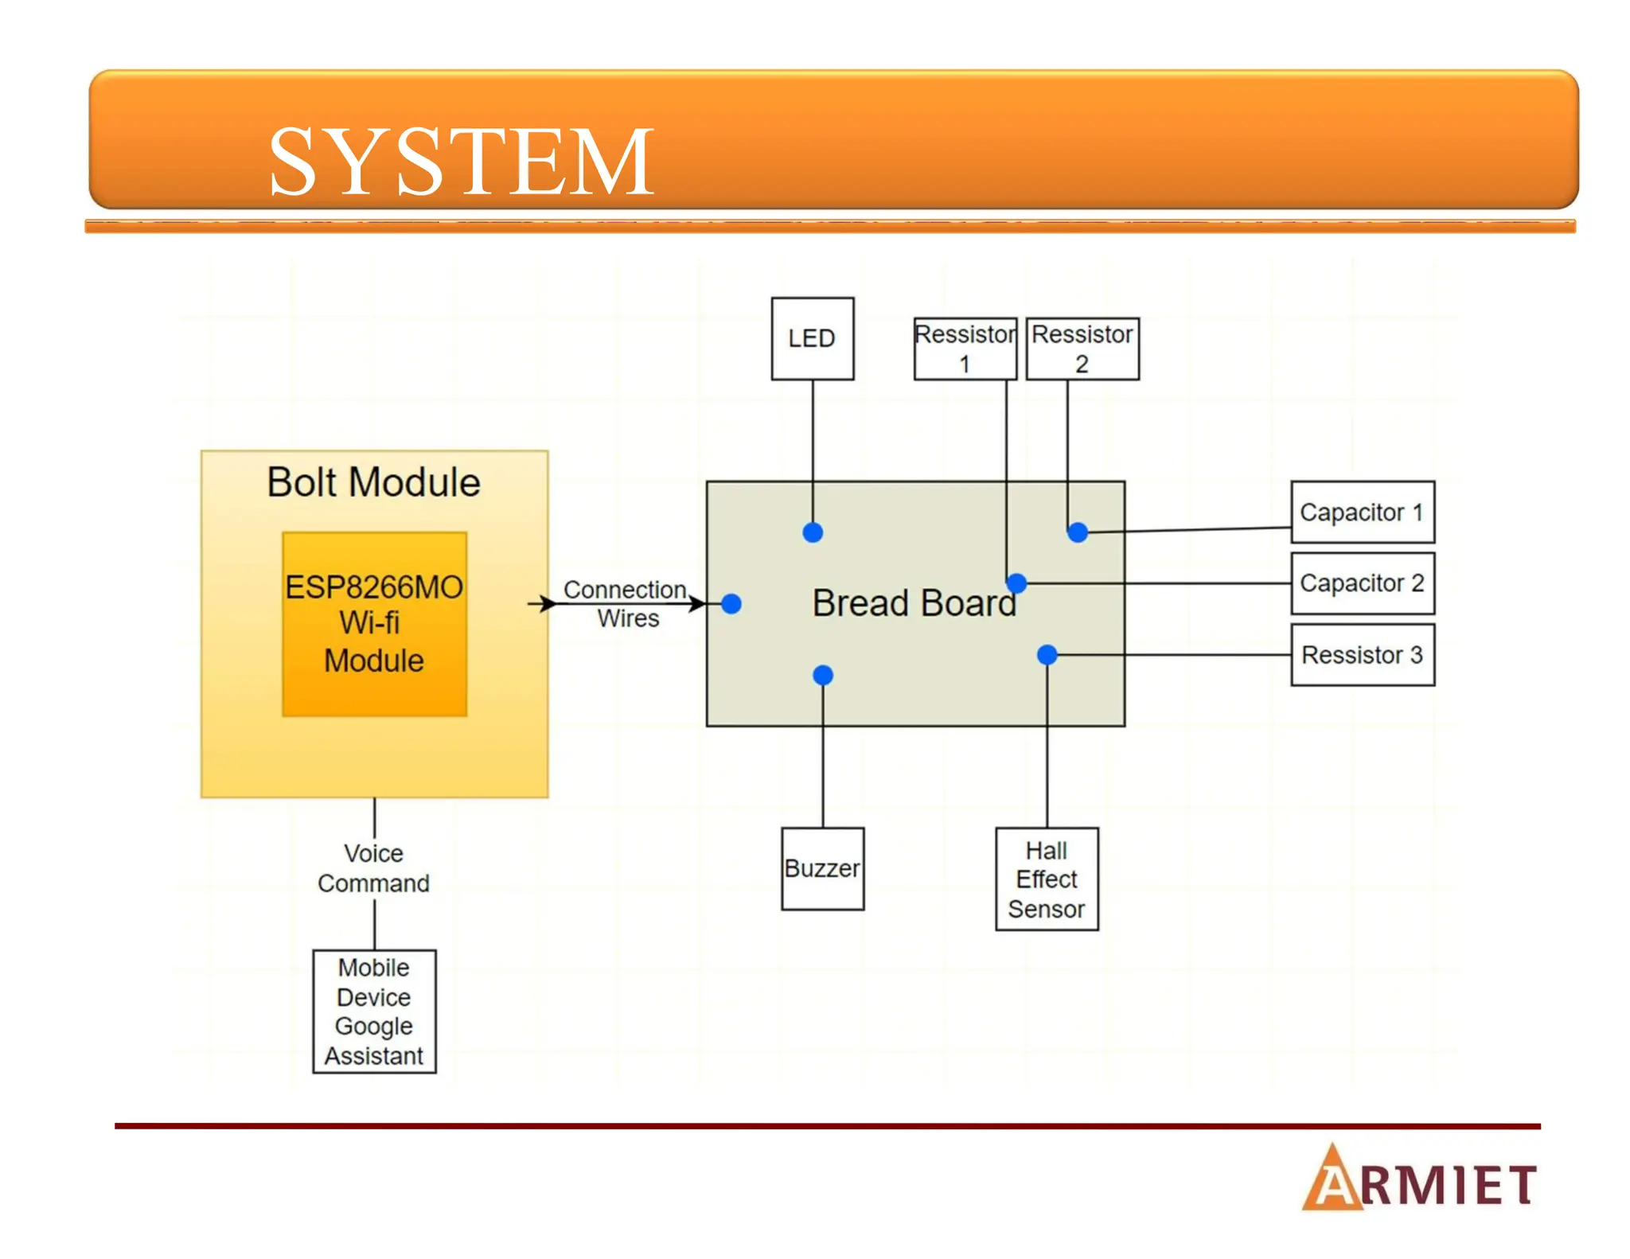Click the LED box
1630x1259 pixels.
(x=812, y=338)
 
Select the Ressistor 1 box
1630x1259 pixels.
(x=965, y=349)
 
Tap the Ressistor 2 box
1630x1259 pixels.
(x=1082, y=349)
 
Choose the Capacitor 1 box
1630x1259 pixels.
(x=1362, y=512)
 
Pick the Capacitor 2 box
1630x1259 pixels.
(x=1362, y=583)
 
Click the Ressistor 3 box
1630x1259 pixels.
(x=1362, y=654)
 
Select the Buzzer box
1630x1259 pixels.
(x=822, y=868)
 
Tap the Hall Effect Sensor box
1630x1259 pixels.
(x=1046, y=879)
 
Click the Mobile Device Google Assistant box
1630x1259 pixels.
(x=373, y=1011)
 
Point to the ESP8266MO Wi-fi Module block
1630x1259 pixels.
(x=374, y=624)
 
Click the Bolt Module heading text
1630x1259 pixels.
(x=373, y=482)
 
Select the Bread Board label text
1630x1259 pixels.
(x=914, y=602)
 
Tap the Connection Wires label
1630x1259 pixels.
(x=626, y=603)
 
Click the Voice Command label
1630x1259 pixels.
(x=373, y=868)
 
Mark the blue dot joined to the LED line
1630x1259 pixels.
(x=813, y=532)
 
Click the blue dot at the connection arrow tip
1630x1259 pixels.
(x=731, y=604)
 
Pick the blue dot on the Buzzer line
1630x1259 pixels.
(x=823, y=676)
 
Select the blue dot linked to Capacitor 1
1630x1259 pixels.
(x=1078, y=532)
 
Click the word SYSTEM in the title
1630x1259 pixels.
(x=461, y=162)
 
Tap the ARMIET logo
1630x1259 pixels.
(x=1419, y=1179)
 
